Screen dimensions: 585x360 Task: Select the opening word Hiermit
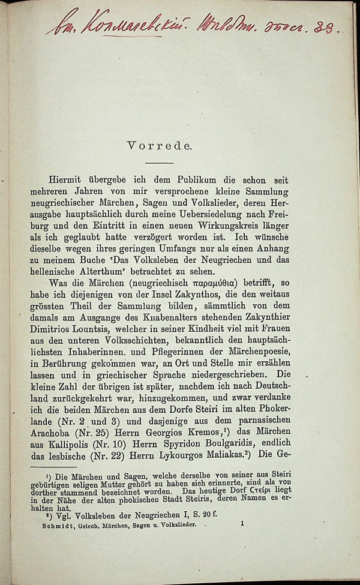[72, 181]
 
